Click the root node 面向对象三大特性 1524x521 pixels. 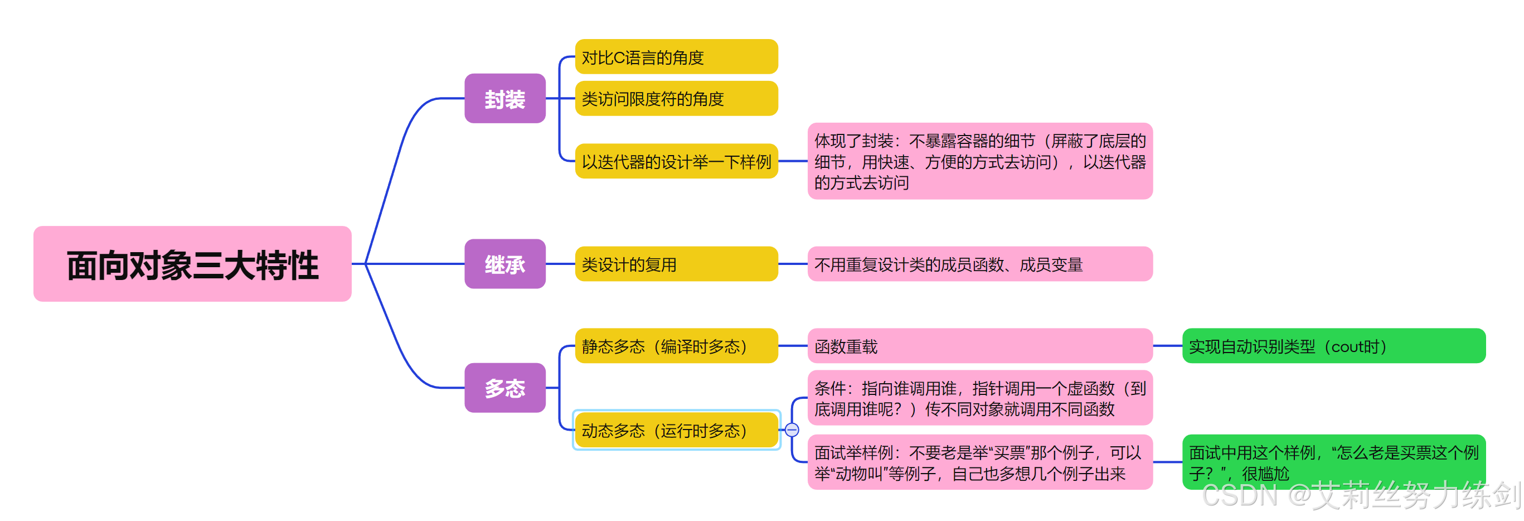click(x=192, y=264)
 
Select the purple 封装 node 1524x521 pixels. click(x=504, y=98)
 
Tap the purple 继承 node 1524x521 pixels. click(x=504, y=264)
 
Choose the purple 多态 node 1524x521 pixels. click(x=504, y=388)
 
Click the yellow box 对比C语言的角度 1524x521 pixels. click(x=676, y=57)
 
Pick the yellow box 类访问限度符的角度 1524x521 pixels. click(x=676, y=98)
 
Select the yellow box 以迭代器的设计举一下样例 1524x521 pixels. click(x=676, y=161)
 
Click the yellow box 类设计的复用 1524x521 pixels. click(x=676, y=264)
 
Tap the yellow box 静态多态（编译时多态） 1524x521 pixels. click(x=676, y=346)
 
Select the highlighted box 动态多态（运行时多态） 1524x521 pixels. click(x=676, y=430)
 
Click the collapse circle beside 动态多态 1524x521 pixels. click(x=792, y=430)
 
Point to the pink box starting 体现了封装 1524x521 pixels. click(x=980, y=161)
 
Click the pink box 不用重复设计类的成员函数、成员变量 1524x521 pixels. click(x=980, y=264)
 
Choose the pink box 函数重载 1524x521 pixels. click(x=980, y=346)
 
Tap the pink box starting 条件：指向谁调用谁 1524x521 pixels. click(x=980, y=398)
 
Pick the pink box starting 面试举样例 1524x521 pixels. click(x=980, y=462)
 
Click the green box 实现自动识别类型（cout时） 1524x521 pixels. click(x=1333, y=346)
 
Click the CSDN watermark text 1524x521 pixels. click(x=1361, y=496)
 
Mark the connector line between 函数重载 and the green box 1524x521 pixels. click(x=1167, y=346)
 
